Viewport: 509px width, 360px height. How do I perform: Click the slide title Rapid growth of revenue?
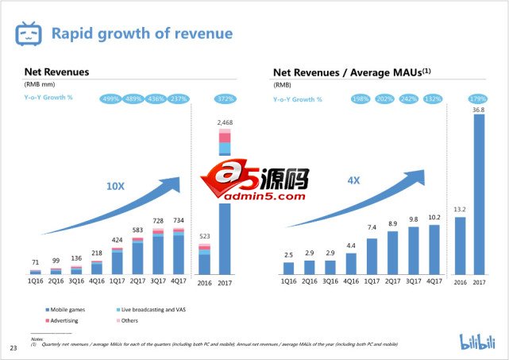coord(142,33)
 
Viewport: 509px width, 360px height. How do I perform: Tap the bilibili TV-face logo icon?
coord(29,34)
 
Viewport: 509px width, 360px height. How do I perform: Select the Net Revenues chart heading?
coord(56,72)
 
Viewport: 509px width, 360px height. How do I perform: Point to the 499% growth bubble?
coord(110,99)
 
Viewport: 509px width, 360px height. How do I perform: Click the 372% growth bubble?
coord(225,99)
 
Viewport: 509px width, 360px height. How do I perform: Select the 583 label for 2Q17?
coord(138,230)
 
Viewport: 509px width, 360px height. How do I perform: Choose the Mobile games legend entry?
coord(71,308)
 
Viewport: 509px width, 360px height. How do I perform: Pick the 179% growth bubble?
coord(476,99)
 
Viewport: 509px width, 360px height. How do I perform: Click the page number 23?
coord(13,348)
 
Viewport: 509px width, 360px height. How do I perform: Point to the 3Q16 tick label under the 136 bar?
coord(77,281)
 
